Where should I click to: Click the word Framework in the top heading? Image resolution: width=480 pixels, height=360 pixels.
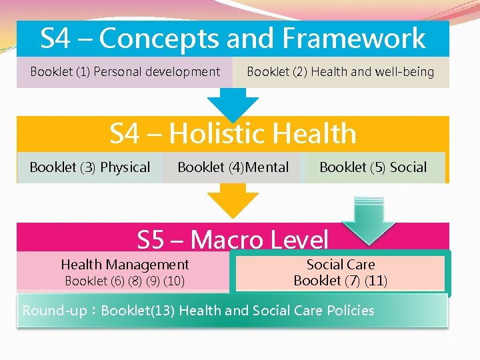pos(354,39)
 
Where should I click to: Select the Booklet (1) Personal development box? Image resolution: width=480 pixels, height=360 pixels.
pos(125,72)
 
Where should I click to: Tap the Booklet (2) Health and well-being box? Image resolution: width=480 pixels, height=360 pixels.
pos(340,72)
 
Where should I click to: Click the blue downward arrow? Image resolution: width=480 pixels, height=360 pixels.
pos(233,104)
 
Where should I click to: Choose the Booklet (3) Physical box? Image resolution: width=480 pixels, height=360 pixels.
pos(89,167)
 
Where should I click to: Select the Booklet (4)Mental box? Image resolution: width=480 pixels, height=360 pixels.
pos(233,167)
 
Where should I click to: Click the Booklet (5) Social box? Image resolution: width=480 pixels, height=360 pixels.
pos(373,167)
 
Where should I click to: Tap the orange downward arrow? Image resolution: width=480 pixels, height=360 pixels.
pos(233,200)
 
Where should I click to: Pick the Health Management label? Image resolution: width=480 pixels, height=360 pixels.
pos(125,265)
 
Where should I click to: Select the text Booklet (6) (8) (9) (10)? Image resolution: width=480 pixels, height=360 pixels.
pos(125,281)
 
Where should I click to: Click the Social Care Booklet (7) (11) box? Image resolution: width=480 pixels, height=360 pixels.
pos(340,273)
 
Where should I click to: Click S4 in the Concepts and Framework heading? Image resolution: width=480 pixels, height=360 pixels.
pos(55,39)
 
